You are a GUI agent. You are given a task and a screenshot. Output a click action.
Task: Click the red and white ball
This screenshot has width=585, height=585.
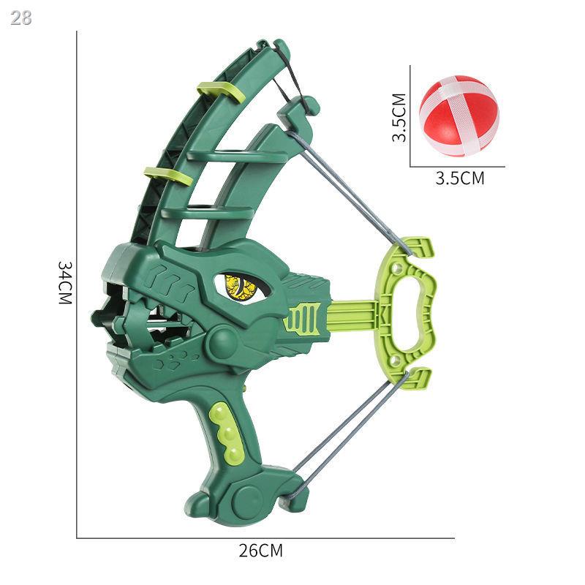458,116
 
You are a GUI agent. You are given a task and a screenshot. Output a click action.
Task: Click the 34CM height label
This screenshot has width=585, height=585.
64,283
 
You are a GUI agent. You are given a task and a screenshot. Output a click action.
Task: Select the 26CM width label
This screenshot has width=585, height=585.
261,551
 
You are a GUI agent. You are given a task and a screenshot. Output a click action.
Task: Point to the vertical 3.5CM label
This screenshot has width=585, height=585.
399,118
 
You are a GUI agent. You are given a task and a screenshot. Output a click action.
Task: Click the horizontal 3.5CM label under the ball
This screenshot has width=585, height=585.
460,178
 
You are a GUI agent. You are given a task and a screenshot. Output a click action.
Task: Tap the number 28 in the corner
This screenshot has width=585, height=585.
21,18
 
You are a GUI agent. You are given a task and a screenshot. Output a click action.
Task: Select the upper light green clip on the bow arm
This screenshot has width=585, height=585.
219,92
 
